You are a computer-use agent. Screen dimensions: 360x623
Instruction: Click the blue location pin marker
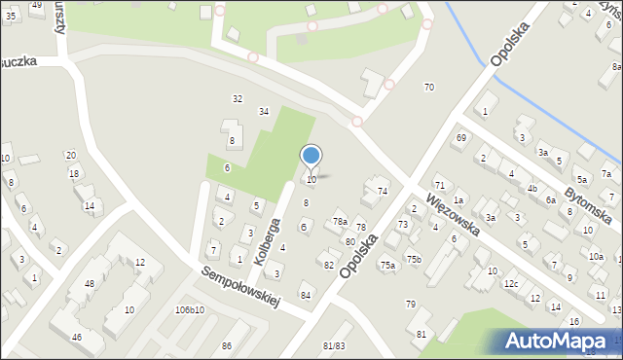pos(311,156)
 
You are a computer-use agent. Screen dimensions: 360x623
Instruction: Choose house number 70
pos(428,88)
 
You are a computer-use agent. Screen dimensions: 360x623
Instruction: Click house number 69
pos(461,138)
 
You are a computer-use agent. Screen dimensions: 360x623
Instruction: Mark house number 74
pos(383,191)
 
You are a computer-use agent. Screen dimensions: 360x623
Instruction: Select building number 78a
pos(340,223)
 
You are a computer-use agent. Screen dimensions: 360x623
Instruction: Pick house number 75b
pos(414,259)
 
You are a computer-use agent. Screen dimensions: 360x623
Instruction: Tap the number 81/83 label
pos(334,345)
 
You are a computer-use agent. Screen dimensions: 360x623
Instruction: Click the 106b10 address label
pos(189,309)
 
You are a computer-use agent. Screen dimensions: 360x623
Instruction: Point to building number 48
pos(90,284)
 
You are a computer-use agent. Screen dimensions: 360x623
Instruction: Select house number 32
pos(237,99)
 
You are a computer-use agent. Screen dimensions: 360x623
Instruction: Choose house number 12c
pos(510,284)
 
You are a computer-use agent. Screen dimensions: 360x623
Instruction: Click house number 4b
pos(531,188)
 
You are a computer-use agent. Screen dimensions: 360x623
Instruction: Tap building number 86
pos(227,346)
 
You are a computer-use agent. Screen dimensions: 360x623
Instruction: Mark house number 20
pos(70,156)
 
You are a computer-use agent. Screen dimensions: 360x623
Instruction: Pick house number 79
pos(411,305)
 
